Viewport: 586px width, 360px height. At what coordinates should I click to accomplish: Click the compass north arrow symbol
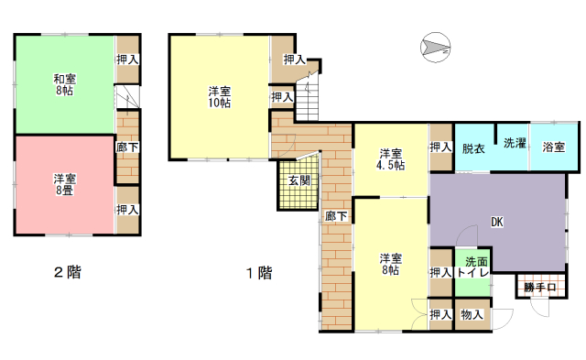pos(436,47)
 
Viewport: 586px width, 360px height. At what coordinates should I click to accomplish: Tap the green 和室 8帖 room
pos(65,84)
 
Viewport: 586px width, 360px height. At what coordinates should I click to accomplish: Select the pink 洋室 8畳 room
pos(65,184)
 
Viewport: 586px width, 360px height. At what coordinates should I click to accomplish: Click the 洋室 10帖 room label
pos(220,97)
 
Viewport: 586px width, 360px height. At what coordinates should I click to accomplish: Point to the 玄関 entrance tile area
pos(299,183)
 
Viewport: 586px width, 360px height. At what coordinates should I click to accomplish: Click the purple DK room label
pos(496,222)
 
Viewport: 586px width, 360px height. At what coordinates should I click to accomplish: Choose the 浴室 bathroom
pos(554,147)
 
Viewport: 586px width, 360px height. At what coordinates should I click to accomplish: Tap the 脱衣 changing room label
pos(473,148)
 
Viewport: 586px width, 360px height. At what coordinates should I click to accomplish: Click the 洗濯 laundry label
pos(515,143)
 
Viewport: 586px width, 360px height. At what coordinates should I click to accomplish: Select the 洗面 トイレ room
pos(472,272)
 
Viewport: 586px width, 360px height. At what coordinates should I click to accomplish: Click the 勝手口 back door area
pos(541,287)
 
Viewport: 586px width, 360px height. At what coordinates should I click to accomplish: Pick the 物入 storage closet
pos(472,314)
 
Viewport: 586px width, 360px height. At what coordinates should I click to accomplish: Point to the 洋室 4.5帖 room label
pos(391,159)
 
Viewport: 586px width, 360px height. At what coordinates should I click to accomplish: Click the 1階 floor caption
pos(259,273)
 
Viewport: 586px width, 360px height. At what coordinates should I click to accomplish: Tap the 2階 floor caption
pos(68,272)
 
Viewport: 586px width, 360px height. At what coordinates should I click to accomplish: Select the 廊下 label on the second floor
pos(127,147)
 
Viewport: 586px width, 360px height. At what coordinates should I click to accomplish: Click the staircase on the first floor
pos(308,96)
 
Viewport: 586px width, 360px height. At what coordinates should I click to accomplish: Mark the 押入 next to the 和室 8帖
pos(127,59)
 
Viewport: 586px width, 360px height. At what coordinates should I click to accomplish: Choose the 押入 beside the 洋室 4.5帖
pos(441,147)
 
